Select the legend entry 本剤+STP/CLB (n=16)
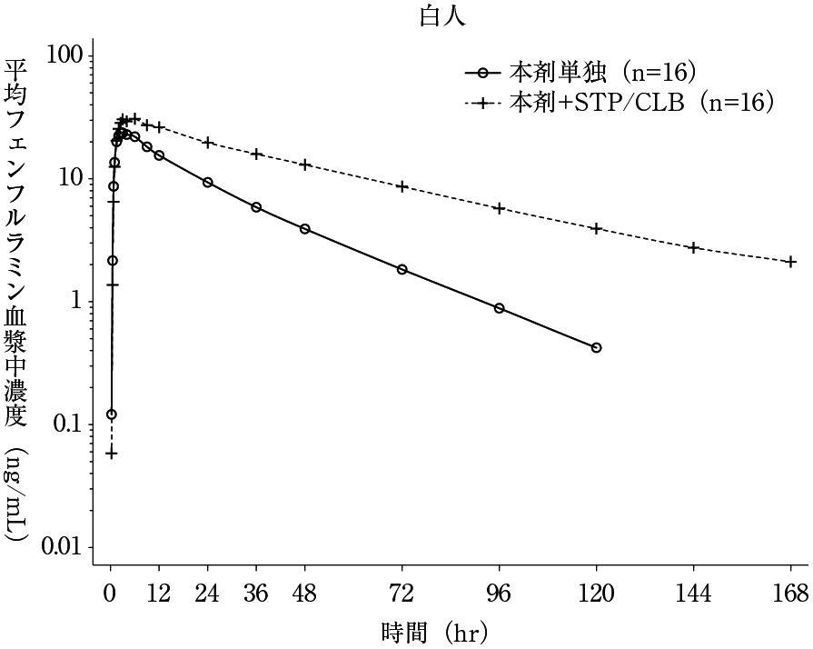pos(641,102)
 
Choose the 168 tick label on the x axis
pos(790,594)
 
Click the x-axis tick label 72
pos(402,594)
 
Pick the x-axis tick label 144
pos(693,594)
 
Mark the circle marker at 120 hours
pos(596,347)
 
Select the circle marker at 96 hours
pos(499,308)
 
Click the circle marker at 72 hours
pos(402,269)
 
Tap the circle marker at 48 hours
pos(304,229)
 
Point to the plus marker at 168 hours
pos(790,262)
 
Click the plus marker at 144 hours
pos(693,247)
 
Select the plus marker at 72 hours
pos(402,186)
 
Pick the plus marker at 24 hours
pos(207,143)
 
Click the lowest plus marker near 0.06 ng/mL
pos(111,453)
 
